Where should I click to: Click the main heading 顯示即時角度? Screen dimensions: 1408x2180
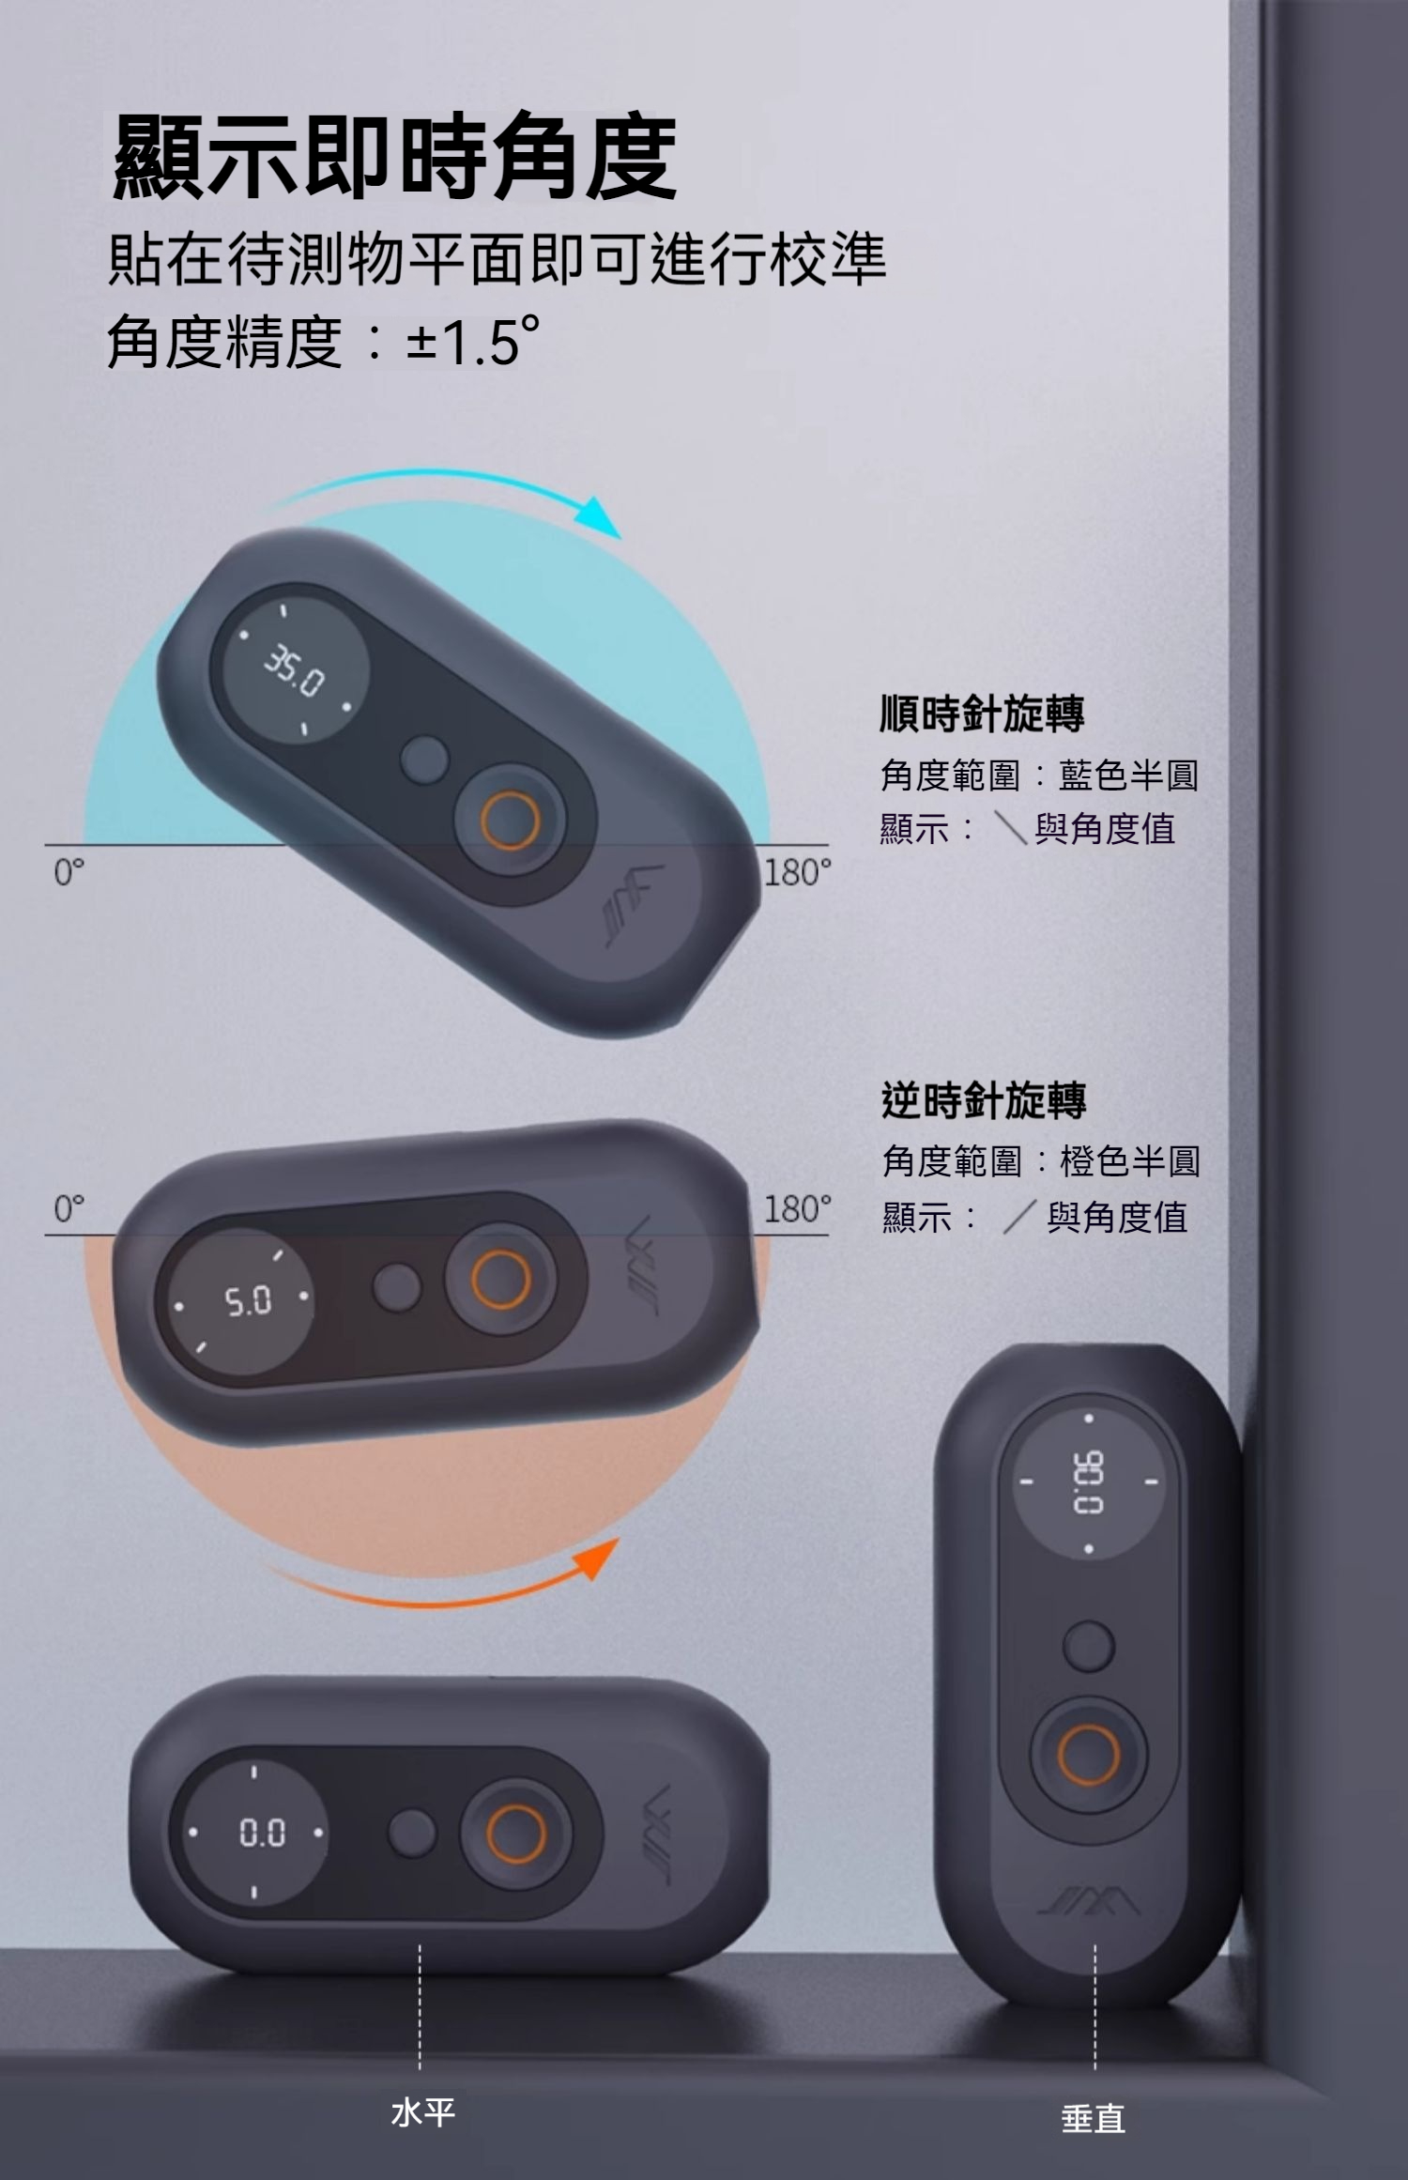click(394, 157)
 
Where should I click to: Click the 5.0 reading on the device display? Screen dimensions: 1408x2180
click(248, 1301)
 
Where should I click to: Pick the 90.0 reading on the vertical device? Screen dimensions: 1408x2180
click(1088, 1482)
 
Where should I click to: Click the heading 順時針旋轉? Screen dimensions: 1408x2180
click(982, 714)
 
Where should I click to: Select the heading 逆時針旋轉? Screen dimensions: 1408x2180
click(984, 1100)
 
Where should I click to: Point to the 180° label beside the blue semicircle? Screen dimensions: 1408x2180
click(797, 872)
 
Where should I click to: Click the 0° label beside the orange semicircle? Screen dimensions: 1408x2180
click(69, 1209)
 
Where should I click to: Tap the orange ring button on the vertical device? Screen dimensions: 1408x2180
click(1089, 1754)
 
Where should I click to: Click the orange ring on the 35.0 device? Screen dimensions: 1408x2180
click(510, 818)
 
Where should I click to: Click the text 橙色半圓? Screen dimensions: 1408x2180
click(1130, 1162)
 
